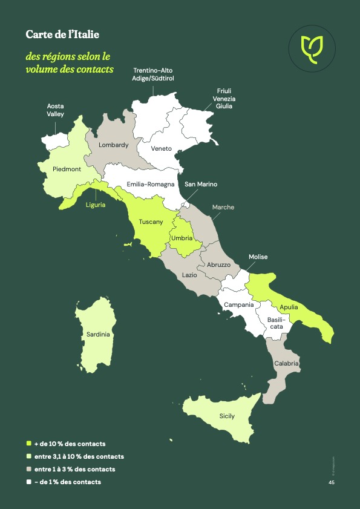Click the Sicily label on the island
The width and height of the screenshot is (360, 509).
[227, 416]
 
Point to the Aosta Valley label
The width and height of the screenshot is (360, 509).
[56, 110]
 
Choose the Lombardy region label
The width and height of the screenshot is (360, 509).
[114, 145]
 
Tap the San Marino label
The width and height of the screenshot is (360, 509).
[201, 184]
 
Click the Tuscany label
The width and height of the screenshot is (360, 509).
[151, 222]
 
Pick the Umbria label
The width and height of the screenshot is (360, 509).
[182, 238]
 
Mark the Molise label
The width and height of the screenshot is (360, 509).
[258, 257]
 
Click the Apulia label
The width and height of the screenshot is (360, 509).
[289, 307]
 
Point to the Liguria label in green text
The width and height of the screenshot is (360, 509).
[95, 205]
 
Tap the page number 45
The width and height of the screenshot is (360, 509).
[332, 482]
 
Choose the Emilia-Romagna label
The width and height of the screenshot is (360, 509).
[151, 184]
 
